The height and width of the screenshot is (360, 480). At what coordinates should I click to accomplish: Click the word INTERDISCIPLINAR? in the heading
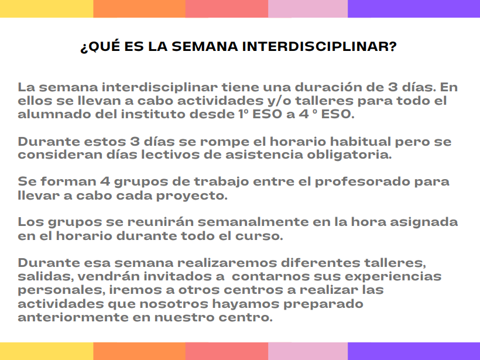(x=319, y=46)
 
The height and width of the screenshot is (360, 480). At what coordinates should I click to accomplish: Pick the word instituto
(x=153, y=114)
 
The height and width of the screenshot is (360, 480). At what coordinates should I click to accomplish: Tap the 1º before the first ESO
(x=244, y=114)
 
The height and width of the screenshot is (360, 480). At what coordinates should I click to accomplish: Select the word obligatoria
(x=349, y=155)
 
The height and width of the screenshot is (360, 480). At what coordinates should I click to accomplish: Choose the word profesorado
(x=362, y=182)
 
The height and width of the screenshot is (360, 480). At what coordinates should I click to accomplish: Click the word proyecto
(x=192, y=196)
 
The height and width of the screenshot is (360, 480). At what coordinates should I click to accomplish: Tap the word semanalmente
(x=253, y=222)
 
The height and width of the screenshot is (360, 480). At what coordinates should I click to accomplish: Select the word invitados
(x=180, y=276)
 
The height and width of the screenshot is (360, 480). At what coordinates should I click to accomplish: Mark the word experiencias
(x=393, y=276)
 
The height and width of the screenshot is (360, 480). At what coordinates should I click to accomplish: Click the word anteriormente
(x=73, y=317)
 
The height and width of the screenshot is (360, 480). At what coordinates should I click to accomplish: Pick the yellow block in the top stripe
(x=46, y=9)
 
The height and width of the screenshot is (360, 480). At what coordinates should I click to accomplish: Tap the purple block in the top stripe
(x=414, y=9)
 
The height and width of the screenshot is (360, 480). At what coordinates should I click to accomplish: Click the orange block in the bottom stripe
(x=139, y=351)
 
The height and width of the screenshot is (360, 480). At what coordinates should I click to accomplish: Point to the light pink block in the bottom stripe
(x=308, y=351)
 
